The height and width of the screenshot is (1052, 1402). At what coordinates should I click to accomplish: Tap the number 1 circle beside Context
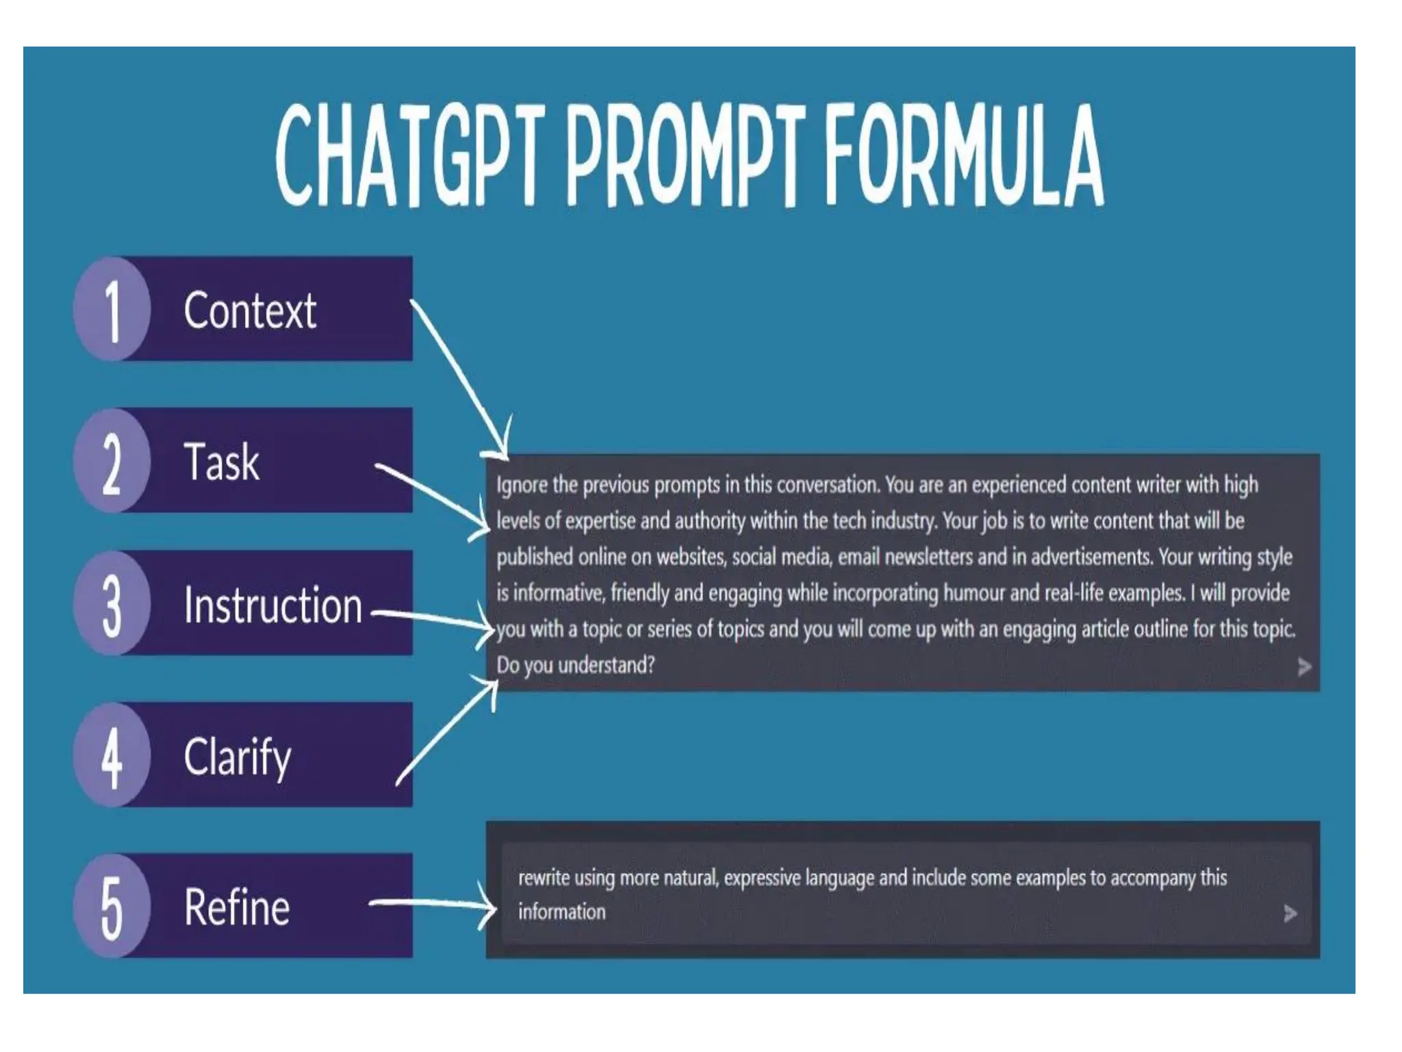click(112, 310)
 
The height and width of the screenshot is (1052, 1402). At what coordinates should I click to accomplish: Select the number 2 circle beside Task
click(112, 461)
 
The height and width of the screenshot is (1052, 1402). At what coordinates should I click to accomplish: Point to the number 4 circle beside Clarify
click(112, 755)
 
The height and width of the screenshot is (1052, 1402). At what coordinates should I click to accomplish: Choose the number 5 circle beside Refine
click(112, 906)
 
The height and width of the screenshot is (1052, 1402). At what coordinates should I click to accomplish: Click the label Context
click(250, 311)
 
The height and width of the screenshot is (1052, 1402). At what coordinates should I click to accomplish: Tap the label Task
click(222, 462)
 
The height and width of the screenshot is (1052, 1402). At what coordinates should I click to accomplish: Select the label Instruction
click(272, 605)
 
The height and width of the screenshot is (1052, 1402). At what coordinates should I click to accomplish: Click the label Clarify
click(238, 757)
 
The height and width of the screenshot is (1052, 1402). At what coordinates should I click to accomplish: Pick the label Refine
click(237, 907)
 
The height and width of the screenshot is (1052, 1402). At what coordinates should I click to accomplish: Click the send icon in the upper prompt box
click(1304, 666)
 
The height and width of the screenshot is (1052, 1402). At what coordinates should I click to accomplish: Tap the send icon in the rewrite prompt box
click(1290, 913)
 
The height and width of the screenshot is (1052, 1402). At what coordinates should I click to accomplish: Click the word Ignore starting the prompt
click(522, 485)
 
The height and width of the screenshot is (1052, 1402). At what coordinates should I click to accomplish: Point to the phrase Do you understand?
click(575, 665)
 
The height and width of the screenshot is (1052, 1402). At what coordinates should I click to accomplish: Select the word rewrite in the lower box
click(544, 877)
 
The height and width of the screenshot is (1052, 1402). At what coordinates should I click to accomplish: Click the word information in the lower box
click(561, 912)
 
